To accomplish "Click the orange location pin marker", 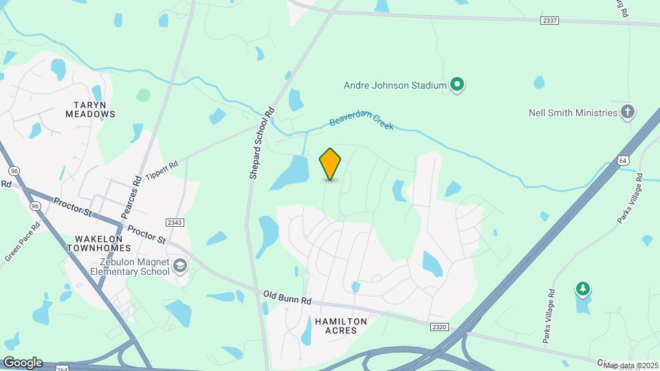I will (x=331, y=164).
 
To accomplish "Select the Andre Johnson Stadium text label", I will (x=395, y=86).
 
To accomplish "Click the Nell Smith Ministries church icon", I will (x=627, y=111).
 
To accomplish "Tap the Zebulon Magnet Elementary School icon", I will (x=179, y=266).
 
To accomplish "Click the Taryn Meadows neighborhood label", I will (x=90, y=109).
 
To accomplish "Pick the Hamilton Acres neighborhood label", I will (x=341, y=326).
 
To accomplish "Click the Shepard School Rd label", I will (x=262, y=143).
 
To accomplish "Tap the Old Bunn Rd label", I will (x=287, y=297).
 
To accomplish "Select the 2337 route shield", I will (x=549, y=21).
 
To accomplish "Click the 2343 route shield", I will (x=175, y=222).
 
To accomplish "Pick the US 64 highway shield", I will (x=623, y=160).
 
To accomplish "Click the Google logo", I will (x=23, y=362).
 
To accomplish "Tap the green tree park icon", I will (x=583, y=289).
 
